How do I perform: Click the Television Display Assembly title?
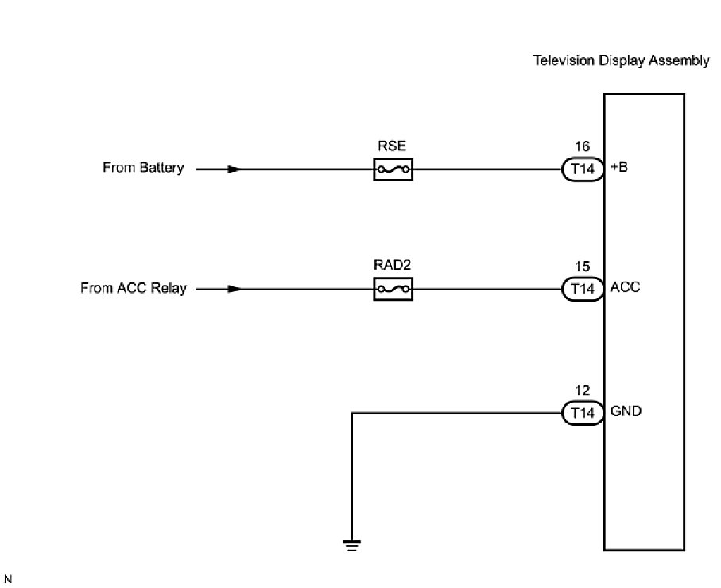[x=621, y=61]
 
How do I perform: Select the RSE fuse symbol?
[x=393, y=169]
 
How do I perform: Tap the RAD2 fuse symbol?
[x=393, y=289]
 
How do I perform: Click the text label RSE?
[x=393, y=146]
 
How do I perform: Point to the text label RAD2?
[x=393, y=266]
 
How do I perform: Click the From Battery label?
[x=143, y=169]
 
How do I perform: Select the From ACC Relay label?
[x=134, y=288]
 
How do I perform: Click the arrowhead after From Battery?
[x=233, y=169]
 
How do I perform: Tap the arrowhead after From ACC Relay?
[x=233, y=289]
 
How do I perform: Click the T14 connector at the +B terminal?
[x=582, y=169]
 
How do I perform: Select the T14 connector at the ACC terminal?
[x=582, y=289]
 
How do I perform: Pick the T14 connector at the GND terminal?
[x=582, y=413]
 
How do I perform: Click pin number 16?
[x=582, y=146]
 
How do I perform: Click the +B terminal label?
[x=618, y=169]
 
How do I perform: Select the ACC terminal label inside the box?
[x=624, y=288]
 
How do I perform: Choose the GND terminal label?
[x=626, y=412]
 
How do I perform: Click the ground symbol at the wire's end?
[x=351, y=545]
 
